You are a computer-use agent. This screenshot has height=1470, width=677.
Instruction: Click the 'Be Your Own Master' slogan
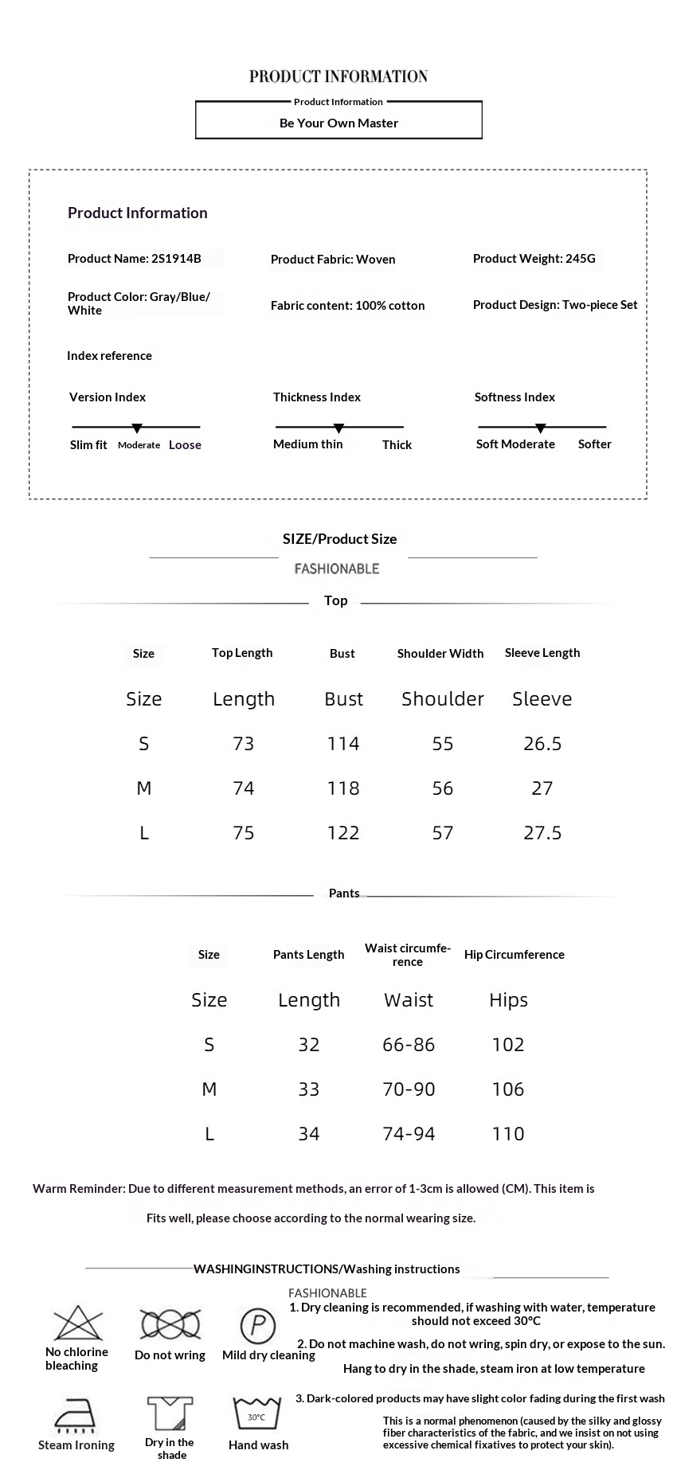[338, 123]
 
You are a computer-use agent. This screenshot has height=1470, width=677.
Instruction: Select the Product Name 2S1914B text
[134, 258]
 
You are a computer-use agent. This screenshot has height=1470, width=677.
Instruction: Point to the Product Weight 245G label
[534, 258]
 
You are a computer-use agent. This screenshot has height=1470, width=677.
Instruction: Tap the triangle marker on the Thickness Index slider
[338, 428]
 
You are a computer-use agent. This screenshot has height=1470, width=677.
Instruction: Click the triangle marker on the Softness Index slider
[541, 428]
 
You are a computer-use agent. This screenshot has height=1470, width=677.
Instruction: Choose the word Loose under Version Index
[185, 445]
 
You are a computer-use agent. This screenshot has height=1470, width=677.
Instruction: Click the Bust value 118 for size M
[343, 788]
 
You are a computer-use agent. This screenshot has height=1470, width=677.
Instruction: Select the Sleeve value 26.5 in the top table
[542, 744]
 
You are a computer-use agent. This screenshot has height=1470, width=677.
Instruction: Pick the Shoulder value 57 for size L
[443, 833]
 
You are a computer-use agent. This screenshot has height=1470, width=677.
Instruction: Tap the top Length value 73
[244, 744]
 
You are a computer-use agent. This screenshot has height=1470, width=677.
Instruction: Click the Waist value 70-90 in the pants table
[409, 1089]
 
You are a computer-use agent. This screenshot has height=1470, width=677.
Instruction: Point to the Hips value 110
[508, 1134]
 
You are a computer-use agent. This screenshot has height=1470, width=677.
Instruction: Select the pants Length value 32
[309, 1045]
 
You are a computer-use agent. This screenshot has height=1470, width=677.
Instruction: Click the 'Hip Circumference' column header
[514, 955]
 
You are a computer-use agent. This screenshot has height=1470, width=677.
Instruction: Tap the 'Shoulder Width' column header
[440, 654]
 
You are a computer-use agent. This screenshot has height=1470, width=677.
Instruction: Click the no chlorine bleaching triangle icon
[78, 1324]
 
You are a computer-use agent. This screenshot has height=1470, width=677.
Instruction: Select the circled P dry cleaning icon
[258, 1326]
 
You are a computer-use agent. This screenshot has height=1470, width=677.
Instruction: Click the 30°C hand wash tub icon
[257, 1414]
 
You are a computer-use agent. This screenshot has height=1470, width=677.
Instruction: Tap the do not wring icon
[170, 1325]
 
